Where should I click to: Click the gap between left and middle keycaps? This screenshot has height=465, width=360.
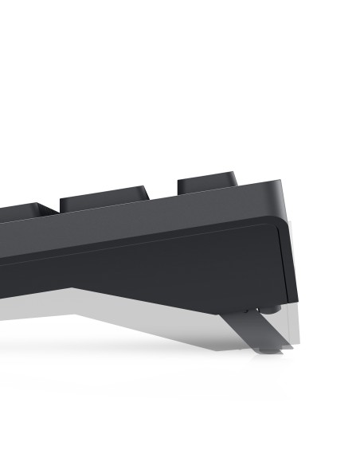coord(57,209)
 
